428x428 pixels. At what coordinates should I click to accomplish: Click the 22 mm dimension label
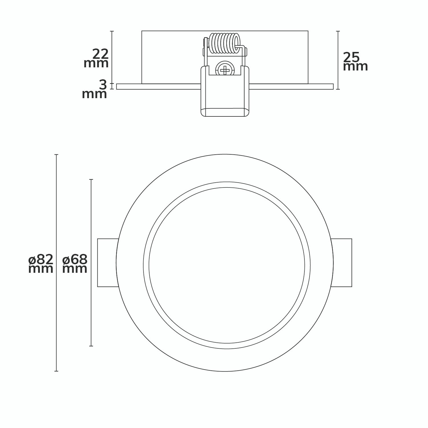coord(96,58)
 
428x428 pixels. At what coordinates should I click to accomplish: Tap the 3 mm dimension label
coord(95,90)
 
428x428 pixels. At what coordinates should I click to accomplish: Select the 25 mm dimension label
coord(355,62)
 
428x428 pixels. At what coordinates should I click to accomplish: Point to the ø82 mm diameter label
coord(41,264)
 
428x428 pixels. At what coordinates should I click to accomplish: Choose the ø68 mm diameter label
coord(75,264)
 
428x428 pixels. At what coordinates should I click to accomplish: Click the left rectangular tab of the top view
coord(108,263)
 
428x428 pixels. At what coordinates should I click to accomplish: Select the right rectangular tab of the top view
coord(342,263)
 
